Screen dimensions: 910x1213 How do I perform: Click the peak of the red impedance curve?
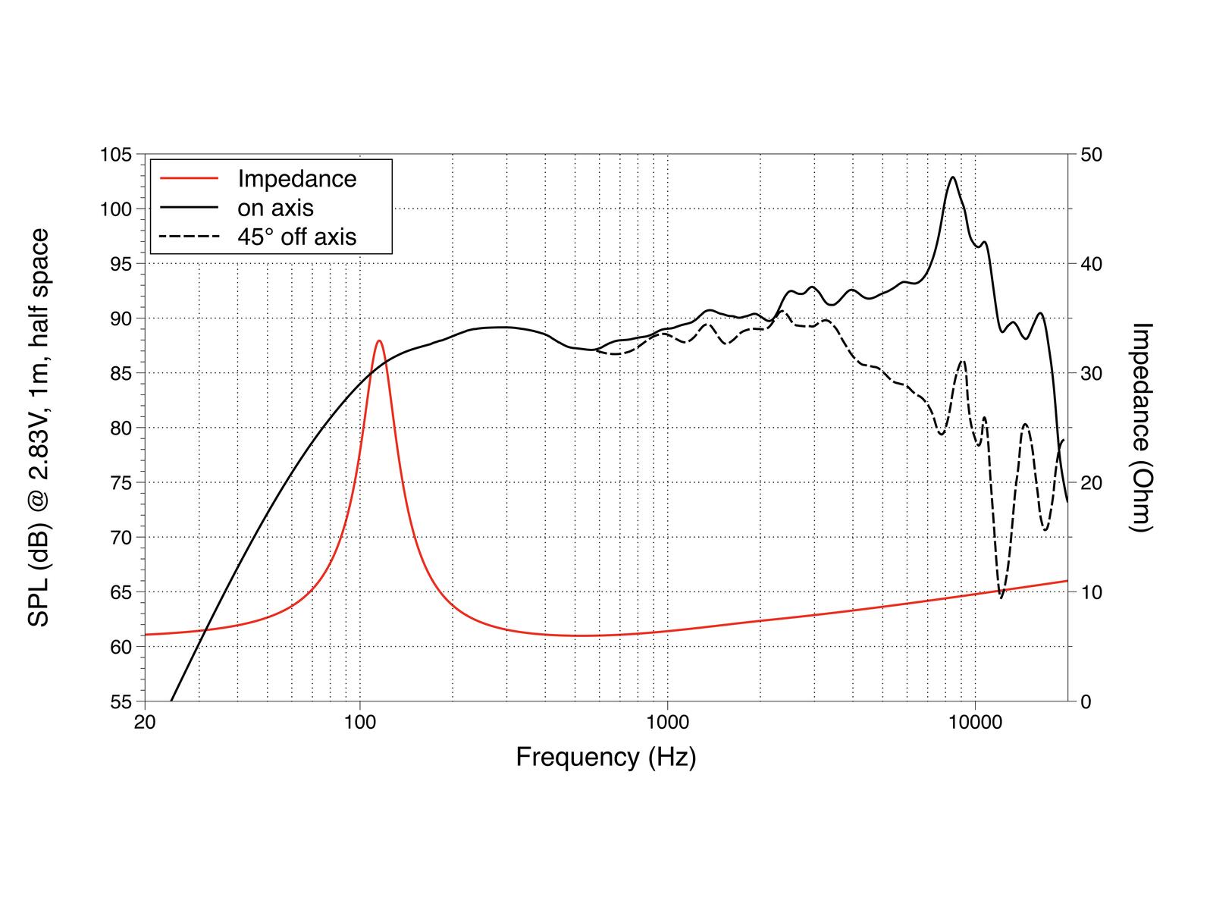(x=379, y=341)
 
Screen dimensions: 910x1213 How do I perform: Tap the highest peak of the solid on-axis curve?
(x=953, y=177)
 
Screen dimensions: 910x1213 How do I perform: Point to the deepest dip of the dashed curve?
(x=1001, y=598)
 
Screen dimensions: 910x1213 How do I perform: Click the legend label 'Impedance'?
(x=296, y=179)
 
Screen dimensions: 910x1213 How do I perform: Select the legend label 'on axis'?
(x=275, y=208)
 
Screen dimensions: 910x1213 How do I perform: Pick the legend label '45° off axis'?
(x=296, y=237)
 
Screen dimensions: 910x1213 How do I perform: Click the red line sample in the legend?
(x=189, y=179)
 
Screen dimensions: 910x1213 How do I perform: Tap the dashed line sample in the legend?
(x=189, y=237)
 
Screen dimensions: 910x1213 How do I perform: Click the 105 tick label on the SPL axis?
(x=116, y=155)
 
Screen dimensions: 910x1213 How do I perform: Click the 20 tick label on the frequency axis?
(x=144, y=722)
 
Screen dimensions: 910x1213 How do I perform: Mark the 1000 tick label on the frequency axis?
(x=667, y=722)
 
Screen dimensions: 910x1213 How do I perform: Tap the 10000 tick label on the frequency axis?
(x=975, y=722)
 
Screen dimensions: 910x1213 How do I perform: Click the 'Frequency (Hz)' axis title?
(x=606, y=757)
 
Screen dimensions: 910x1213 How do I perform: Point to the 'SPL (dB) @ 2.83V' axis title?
(x=39, y=428)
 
